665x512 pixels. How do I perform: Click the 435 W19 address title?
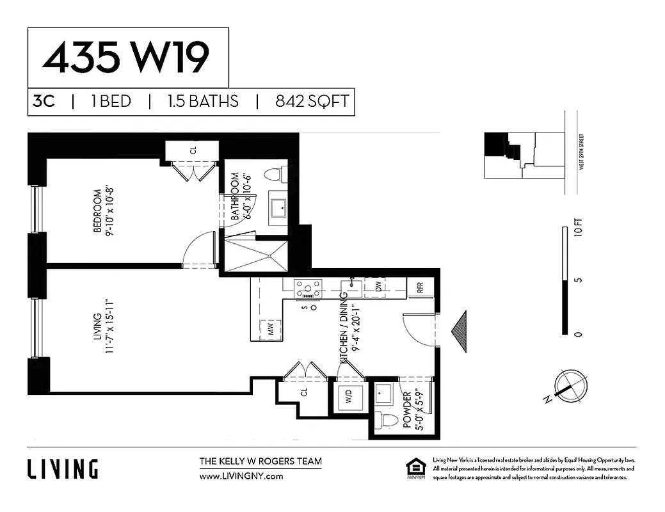126,58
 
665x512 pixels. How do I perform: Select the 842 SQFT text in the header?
312,102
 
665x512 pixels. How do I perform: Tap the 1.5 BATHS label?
202,102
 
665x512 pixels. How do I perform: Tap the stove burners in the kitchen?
307,289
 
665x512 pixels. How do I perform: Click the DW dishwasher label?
378,288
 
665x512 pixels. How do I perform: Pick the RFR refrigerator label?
421,288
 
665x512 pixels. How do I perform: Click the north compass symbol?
566,385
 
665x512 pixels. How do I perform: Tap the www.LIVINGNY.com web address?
241,476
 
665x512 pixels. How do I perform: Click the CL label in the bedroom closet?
193,151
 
